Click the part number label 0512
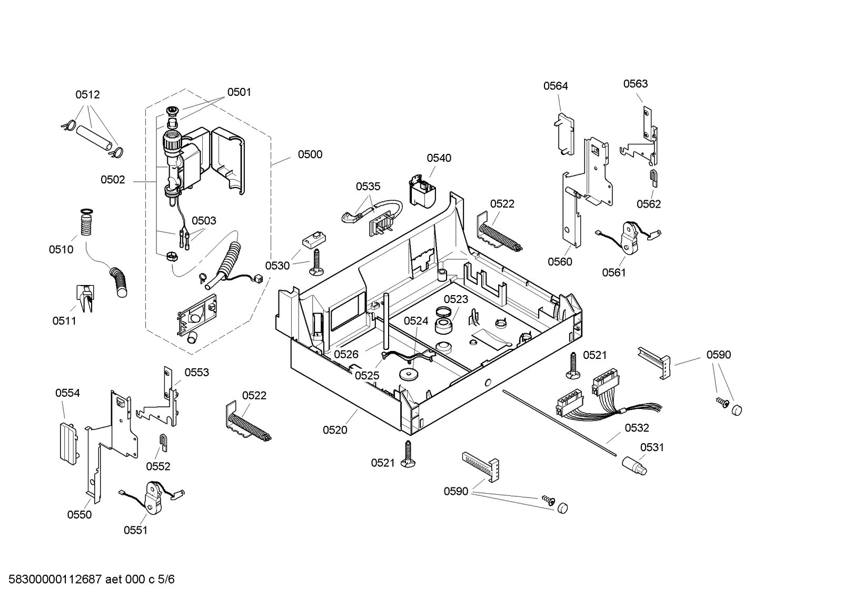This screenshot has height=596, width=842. point(87,94)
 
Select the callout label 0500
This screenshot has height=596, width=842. point(310,154)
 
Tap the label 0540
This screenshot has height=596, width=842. point(439,158)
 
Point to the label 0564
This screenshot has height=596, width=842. point(556,86)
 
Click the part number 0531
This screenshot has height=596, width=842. point(652,447)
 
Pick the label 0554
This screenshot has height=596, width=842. point(67,393)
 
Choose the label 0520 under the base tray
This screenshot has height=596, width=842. point(335,429)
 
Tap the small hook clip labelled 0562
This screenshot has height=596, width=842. point(653,178)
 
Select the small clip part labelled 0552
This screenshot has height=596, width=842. point(163,443)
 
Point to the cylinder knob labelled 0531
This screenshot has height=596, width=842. point(635,466)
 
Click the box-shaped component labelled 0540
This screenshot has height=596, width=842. point(423,191)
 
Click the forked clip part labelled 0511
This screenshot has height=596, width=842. point(85,298)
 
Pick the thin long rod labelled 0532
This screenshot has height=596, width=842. point(560,423)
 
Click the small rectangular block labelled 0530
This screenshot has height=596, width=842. point(314,239)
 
